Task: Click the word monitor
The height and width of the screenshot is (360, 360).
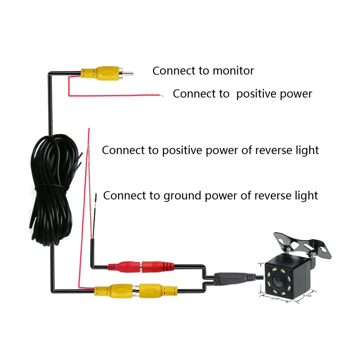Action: tap(233, 71)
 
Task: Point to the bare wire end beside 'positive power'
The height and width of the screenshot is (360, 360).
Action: tap(162, 95)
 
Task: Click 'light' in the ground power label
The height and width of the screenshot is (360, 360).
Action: tap(306, 195)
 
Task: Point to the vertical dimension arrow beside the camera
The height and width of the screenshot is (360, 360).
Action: tap(260, 279)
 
